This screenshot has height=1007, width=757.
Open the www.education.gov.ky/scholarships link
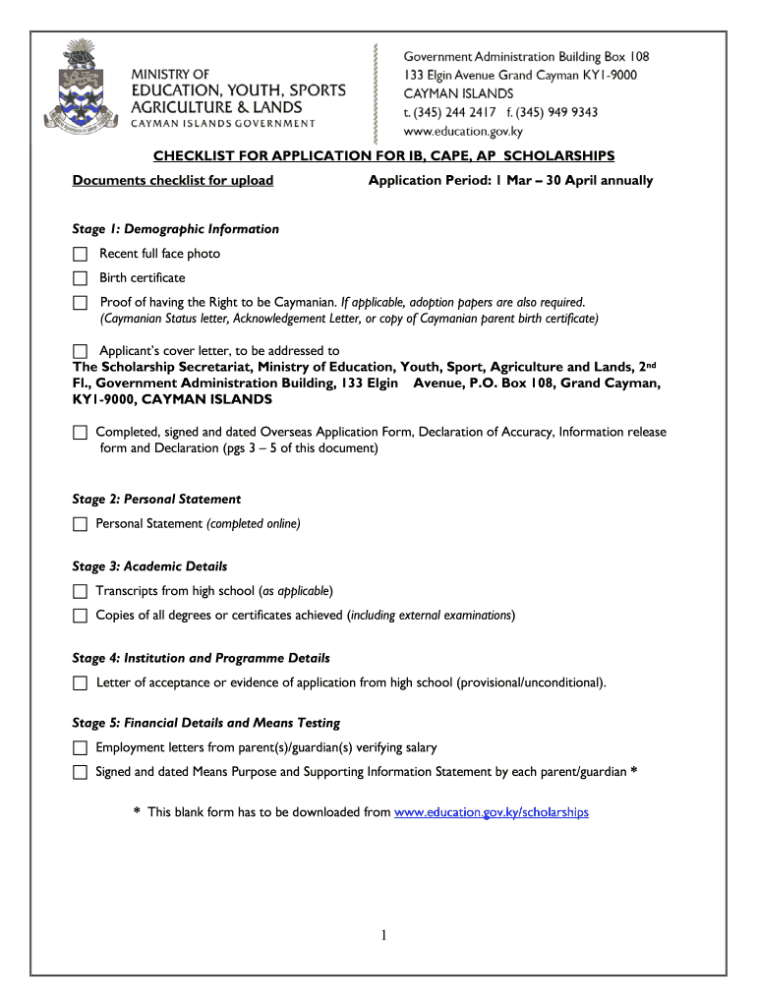coord(491,812)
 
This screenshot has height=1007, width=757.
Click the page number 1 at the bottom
coord(384,936)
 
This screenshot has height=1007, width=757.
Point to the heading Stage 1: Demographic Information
coord(176,229)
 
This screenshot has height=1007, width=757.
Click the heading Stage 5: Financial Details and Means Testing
coord(206,723)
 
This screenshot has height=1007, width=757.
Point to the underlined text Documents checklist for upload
coord(173,181)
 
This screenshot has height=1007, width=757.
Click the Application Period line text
coord(510,181)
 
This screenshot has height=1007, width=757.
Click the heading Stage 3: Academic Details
coord(150,566)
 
